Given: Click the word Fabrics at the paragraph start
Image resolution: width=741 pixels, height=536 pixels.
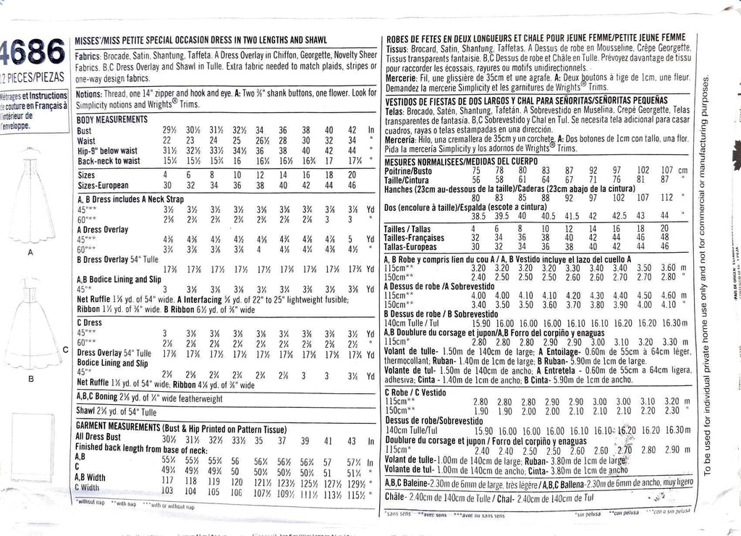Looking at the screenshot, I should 88,55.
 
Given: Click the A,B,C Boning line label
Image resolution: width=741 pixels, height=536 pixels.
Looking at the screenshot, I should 102,396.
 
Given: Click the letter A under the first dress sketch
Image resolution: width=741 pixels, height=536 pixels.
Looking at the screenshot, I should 30,254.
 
